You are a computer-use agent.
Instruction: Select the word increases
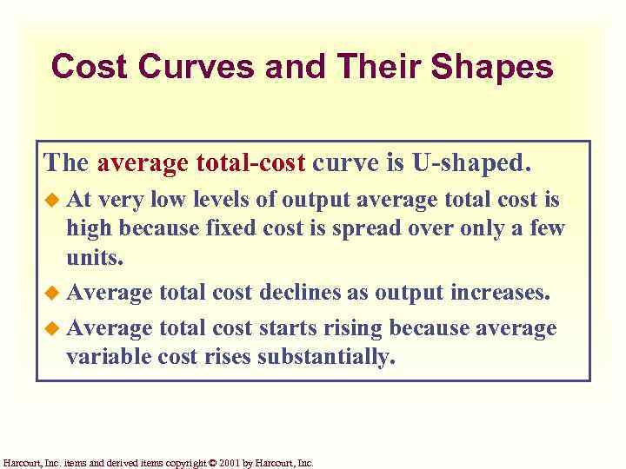500,293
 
